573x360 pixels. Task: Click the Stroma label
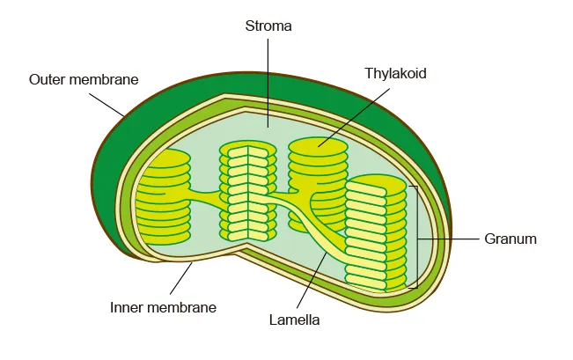tap(268, 26)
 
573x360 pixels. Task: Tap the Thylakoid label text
tap(395, 74)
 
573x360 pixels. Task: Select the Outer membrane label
tap(84, 79)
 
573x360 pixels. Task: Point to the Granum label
tap(511, 239)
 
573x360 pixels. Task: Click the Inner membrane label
tap(163, 307)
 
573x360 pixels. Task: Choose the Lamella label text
tap(294, 320)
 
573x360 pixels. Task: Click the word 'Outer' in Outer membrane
tap(48, 79)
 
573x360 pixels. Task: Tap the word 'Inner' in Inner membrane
tap(128, 307)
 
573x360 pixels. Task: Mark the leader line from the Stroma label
tap(268, 79)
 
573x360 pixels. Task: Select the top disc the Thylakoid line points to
tap(318, 147)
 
